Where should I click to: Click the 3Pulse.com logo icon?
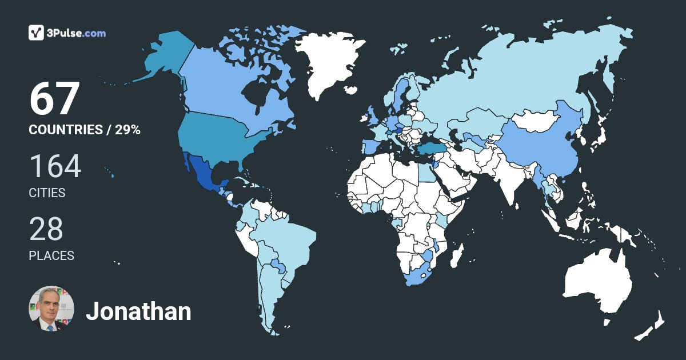[x=37, y=33]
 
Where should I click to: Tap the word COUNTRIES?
[x=65, y=130]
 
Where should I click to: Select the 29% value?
[x=127, y=130]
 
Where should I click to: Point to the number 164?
[x=55, y=166]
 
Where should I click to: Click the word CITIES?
[x=47, y=193]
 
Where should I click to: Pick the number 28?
[x=46, y=229]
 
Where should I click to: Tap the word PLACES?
[x=51, y=256]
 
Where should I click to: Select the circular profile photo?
[x=51, y=309]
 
